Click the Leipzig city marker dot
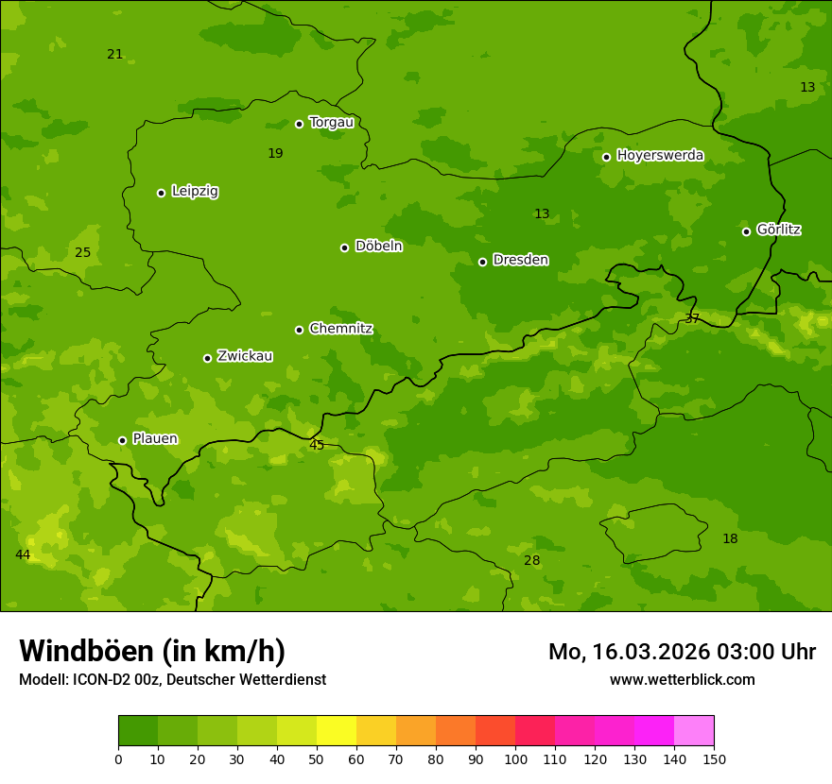pos(161,193)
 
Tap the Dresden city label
pos(520,260)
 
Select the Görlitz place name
pos(779,230)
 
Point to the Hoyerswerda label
pos(660,155)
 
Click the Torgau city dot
pos(299,124)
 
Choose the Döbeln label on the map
pos(378,246)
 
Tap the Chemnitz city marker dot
pos(299,330)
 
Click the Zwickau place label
pos(245,356)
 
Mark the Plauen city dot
pos(122,440)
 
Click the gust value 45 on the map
pos(317,445)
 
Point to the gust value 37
pos(692,319)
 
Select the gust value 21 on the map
pos(115,54)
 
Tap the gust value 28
pos(532,560)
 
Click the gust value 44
pos(23,554)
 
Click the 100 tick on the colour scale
pos(515,758)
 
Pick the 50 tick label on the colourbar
pos(317,758)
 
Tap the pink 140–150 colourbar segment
pos(694,731)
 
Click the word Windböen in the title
pos(86,651)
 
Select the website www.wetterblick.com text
pos(682,680)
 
